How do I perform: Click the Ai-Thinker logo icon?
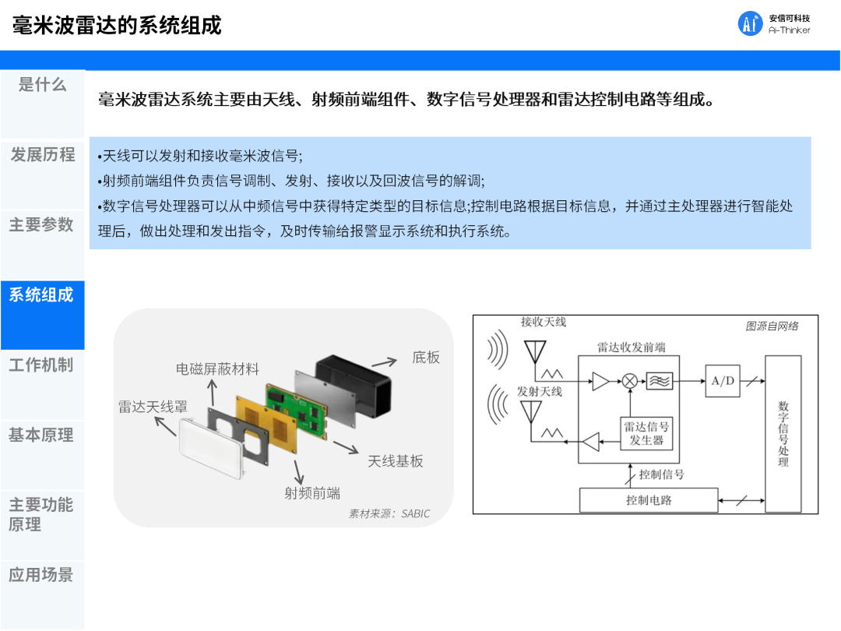coord(751,23)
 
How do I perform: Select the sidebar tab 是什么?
coord(42,85)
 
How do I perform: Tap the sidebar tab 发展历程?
coord(42,155)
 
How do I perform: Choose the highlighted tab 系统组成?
coord(42,295)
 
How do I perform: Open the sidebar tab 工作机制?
coord(42,365)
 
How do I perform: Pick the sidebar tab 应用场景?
coord(42,575)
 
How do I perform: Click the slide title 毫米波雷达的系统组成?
coord(118,25)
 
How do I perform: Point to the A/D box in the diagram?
coord(723,381)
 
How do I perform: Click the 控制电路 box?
coord(649,500)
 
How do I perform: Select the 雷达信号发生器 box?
coord(646,434)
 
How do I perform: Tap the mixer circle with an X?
coord(629,381)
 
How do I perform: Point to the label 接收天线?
coord(544,322)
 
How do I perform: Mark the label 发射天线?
coord(540,391)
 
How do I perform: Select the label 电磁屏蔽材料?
coord(217,369)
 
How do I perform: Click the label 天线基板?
coord(396,461)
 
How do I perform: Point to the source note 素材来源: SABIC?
coord(389,514)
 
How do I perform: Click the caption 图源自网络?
coord(772,326)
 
